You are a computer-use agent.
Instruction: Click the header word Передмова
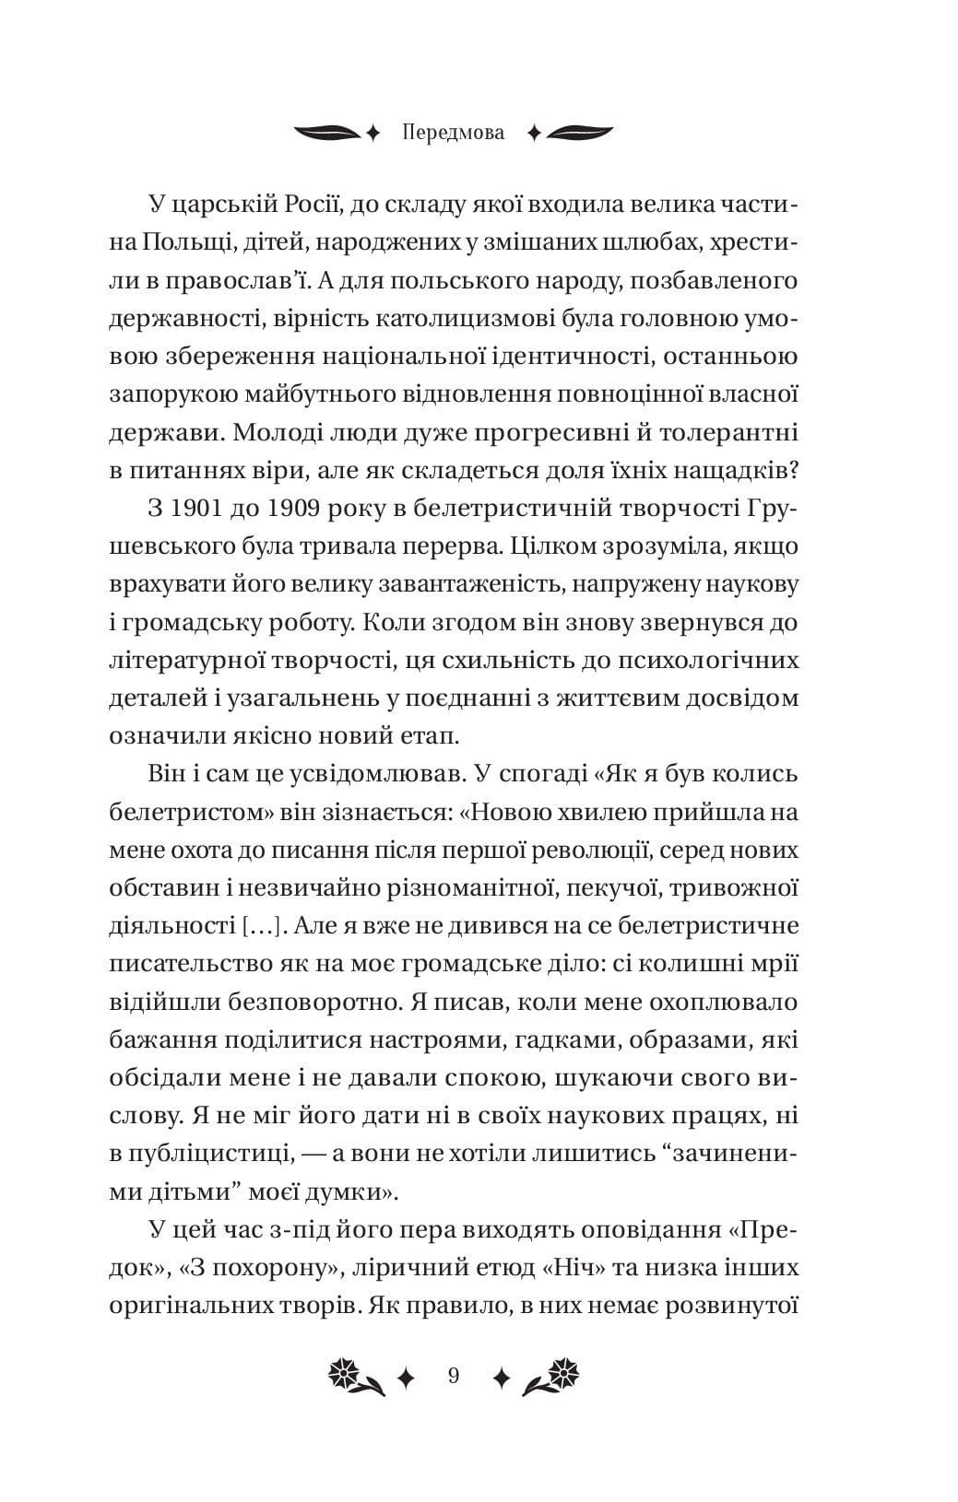[454, 133]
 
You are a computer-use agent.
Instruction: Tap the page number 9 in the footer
[453, 1377]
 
